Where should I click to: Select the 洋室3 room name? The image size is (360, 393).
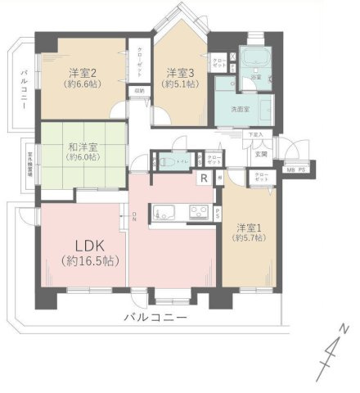tap(181, 72)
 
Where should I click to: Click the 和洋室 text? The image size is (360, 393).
tap(83, 148)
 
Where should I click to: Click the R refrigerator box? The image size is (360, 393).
tap(204, 180)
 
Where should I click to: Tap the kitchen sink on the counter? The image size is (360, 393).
tap(196, 212)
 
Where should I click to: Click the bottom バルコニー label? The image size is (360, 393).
tap(155, 318)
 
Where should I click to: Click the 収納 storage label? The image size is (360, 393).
tap(140, 91)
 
